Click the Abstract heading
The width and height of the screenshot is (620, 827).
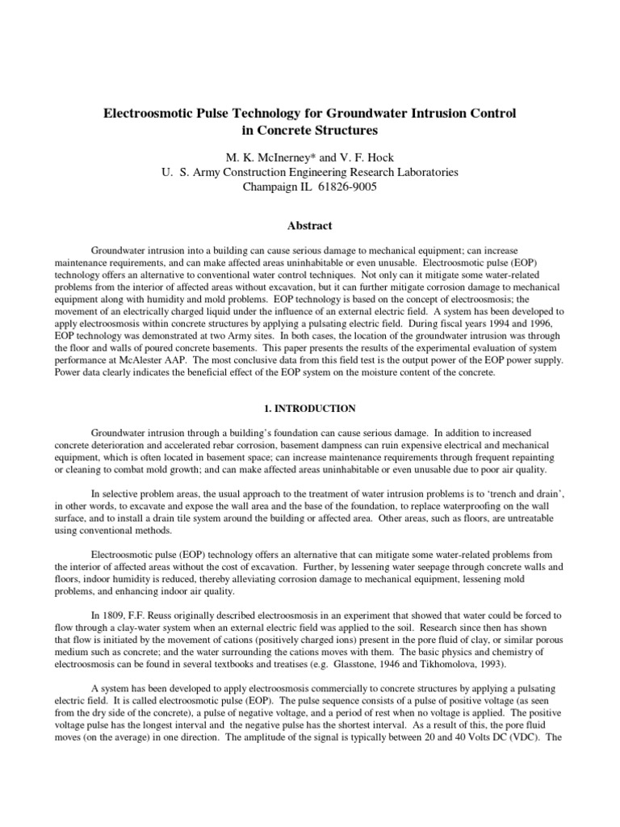(x=309, y=226)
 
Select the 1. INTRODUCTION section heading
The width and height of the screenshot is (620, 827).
(x=309, y=409)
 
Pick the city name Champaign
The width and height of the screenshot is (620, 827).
(x=271, y=187)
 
